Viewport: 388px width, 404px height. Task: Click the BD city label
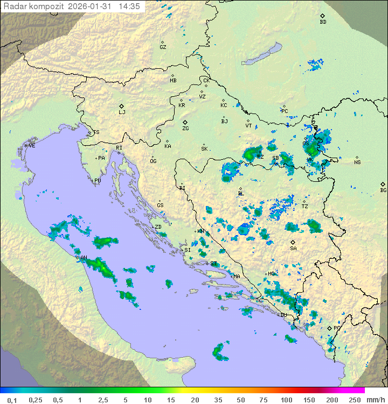[323, 22]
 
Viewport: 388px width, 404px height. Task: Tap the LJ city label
[122, 112]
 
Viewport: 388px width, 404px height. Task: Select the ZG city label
[185, 129]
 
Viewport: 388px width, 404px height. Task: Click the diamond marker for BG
[383, 184]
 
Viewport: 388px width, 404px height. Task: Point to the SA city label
[293, 249]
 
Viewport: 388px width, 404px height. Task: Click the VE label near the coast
[32, 146]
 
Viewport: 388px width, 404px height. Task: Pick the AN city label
[84, 258]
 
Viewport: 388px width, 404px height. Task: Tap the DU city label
[283, 315]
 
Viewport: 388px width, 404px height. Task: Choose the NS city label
[357, 162]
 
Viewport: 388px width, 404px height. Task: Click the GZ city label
[163, 47]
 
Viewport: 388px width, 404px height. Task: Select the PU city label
[98, 181]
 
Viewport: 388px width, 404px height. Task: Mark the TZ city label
[304, 206]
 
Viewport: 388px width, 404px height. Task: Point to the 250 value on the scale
[355, 400]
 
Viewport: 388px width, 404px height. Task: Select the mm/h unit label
[376, 400]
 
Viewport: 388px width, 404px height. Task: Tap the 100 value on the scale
[286, 400]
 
